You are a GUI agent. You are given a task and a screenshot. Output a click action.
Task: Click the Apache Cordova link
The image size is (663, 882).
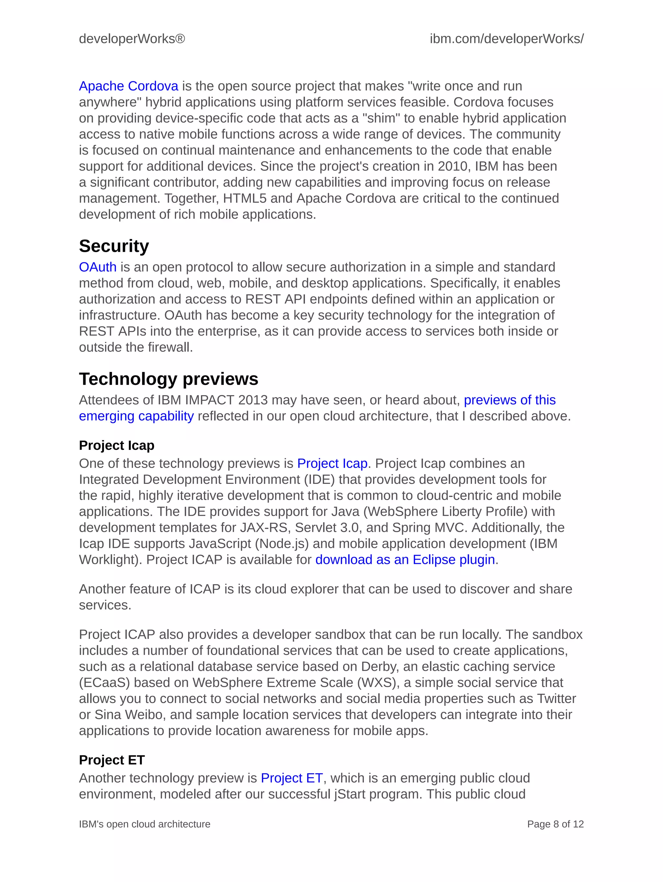click(129, 86)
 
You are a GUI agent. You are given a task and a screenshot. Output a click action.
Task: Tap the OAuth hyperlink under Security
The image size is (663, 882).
click(98, 267)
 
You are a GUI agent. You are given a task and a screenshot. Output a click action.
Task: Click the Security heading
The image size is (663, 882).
click(114, 246)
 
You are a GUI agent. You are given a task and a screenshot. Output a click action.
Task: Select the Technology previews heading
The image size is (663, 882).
click(168, 379)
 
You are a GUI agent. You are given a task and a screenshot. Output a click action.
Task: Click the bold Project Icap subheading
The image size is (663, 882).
click(117, 445)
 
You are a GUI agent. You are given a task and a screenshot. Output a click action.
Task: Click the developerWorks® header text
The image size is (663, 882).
click(132, 39)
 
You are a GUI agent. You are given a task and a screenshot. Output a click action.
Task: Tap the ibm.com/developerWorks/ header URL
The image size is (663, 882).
click(507, 39)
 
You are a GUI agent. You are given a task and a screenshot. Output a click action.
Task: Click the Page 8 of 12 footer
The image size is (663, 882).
click(555, 824)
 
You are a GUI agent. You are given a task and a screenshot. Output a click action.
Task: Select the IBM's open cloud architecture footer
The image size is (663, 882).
click(144, 824)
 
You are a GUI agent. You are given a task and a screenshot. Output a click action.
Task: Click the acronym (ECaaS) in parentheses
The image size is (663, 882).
click(105, 683)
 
